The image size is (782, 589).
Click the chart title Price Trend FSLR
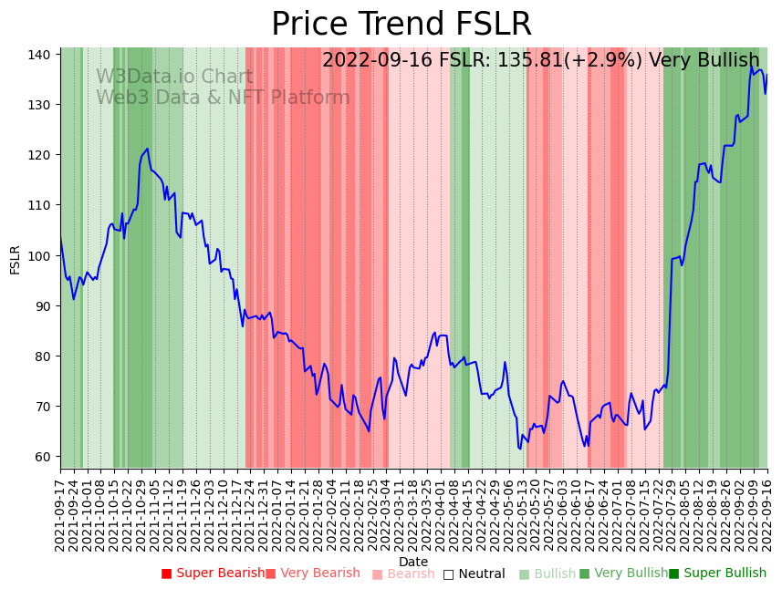[401, 25]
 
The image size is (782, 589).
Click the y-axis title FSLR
[15, 259]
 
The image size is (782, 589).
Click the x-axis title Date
[413, 562]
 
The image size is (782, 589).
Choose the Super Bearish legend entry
[213, 573]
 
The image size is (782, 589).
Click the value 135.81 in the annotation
[542, 61]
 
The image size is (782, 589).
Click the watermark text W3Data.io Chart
[174, 77]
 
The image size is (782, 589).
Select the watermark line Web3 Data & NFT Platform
[223, 98]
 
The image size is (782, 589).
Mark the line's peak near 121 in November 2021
[147, 149]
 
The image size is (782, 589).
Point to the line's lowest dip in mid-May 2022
[520, 448]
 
